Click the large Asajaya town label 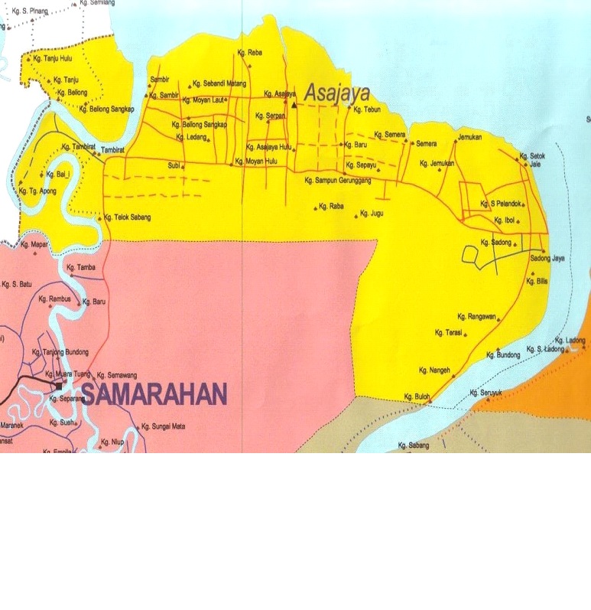click(x=337, y=94)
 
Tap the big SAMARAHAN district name click(x=154, y=394)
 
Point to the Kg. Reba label click(x=250, y=53)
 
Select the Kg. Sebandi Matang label click(x=219, y=83)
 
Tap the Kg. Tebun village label click(x=367, y=109)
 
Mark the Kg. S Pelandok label click(x=501, y=204)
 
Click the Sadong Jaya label click(x=547, y=259)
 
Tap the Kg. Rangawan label click(x=477, y=316)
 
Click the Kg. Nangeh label click(x=435, y=370)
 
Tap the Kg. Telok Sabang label click(x=128, y=217)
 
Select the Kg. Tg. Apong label click(x=37, y=191)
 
